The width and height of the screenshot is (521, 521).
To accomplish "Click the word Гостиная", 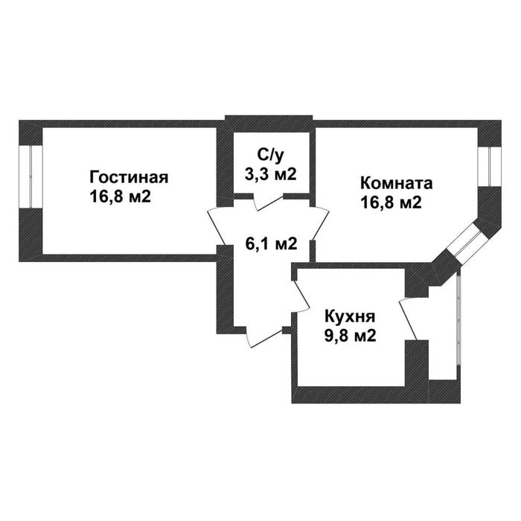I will pyautogui.click(x=129, y=178).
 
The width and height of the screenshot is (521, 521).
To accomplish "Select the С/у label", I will pyautogui.click(x=270, y=155).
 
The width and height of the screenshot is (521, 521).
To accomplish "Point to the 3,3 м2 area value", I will pyautogui.click(x=270, y=174).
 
